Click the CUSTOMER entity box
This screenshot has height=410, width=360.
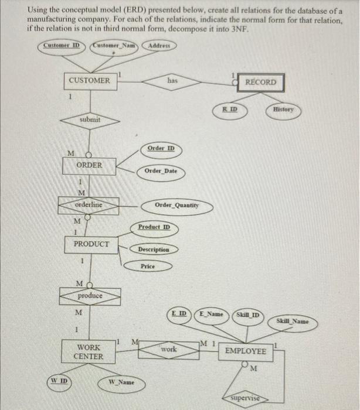click(89, 80)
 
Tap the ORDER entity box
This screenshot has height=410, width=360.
click(90, 166)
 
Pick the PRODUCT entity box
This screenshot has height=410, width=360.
click(91, 244)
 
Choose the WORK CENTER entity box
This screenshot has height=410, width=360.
click(89, 352)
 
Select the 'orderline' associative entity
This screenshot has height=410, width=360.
click(89, 205)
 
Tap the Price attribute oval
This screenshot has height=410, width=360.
click(148, 266)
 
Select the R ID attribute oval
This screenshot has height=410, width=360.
click(229, 110)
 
